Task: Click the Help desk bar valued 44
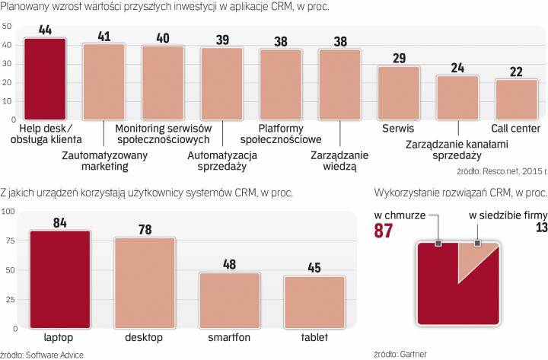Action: click(x=45, y=78)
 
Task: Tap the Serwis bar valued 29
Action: click(x=398, y=93)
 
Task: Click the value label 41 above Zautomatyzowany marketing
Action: click(x=104, y=35)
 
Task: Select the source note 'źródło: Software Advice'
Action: click(x=41, y=353)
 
